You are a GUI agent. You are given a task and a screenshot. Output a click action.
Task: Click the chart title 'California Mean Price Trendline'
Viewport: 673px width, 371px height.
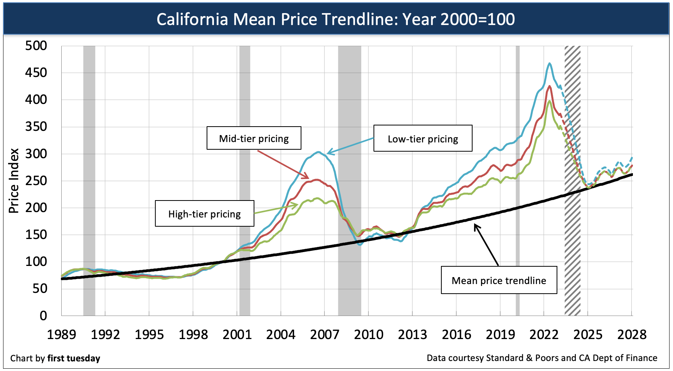point(335,19)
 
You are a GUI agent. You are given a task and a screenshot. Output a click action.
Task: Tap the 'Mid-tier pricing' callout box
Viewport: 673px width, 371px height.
point(254,138)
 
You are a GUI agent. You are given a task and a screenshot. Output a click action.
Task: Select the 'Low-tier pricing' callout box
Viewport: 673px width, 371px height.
point(423,139)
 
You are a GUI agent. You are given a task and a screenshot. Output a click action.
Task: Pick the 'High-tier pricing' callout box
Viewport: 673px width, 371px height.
point(204,214)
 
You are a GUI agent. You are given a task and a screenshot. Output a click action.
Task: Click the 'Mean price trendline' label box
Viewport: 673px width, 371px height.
point(499,280)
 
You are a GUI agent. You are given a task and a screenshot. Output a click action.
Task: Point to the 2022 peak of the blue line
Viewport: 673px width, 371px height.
point(550,64)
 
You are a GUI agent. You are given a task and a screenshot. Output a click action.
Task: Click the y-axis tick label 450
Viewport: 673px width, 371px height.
point(36,72)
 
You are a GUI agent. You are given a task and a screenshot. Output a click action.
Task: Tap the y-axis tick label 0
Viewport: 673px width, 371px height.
point(43,316)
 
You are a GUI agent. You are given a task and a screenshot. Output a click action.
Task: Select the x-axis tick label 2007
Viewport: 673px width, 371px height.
point(325,334)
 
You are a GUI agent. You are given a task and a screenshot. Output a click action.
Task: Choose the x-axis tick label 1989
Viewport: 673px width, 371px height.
point(61,334)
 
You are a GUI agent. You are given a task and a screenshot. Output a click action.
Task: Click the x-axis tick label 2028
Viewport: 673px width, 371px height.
point(632,334)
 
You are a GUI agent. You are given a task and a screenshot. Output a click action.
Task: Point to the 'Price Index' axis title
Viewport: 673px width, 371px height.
point(14,181)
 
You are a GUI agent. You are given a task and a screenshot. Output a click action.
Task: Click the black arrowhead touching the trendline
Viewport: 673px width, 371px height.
point(476,227)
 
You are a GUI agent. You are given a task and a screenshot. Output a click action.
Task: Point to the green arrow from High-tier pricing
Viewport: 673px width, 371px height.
point(276,209)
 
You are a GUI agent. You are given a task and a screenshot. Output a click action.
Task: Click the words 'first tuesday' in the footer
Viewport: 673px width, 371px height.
point(74,358)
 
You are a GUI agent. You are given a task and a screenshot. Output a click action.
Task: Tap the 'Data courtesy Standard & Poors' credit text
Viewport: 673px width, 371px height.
point(542,358)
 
